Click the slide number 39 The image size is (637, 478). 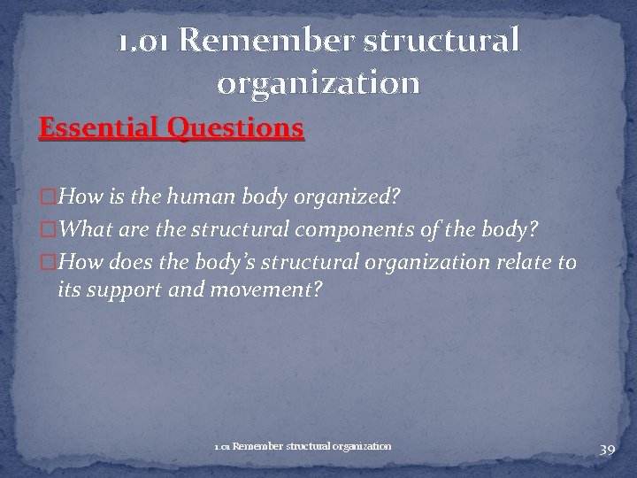click(606, 451)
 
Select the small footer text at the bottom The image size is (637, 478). click(302, 446)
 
